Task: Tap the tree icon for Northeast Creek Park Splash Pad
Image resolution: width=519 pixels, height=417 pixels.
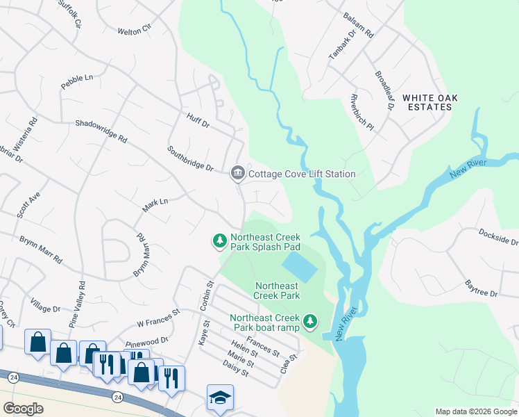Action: [x=219, y=240]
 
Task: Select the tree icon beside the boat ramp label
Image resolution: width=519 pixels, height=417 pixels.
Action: [x=311, y=321]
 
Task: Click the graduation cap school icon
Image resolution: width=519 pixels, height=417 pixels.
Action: [x=220, y=398]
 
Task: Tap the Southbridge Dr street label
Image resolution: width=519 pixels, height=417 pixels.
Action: [x=189, y=158]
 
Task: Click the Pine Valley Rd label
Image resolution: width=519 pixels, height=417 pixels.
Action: [x=82, y=294]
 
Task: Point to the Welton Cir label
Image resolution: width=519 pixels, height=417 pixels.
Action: [x=134, y=31]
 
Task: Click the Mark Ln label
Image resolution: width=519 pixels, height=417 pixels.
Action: [x=155, y=206]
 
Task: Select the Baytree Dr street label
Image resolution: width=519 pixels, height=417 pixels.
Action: [x=481, y=290]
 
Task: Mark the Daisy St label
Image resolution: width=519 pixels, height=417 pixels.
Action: [x=237, y=372]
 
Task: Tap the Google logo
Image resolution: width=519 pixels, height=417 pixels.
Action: [x=24, y=409]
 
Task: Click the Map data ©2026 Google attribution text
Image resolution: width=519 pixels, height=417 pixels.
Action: [x=475, y=411]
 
